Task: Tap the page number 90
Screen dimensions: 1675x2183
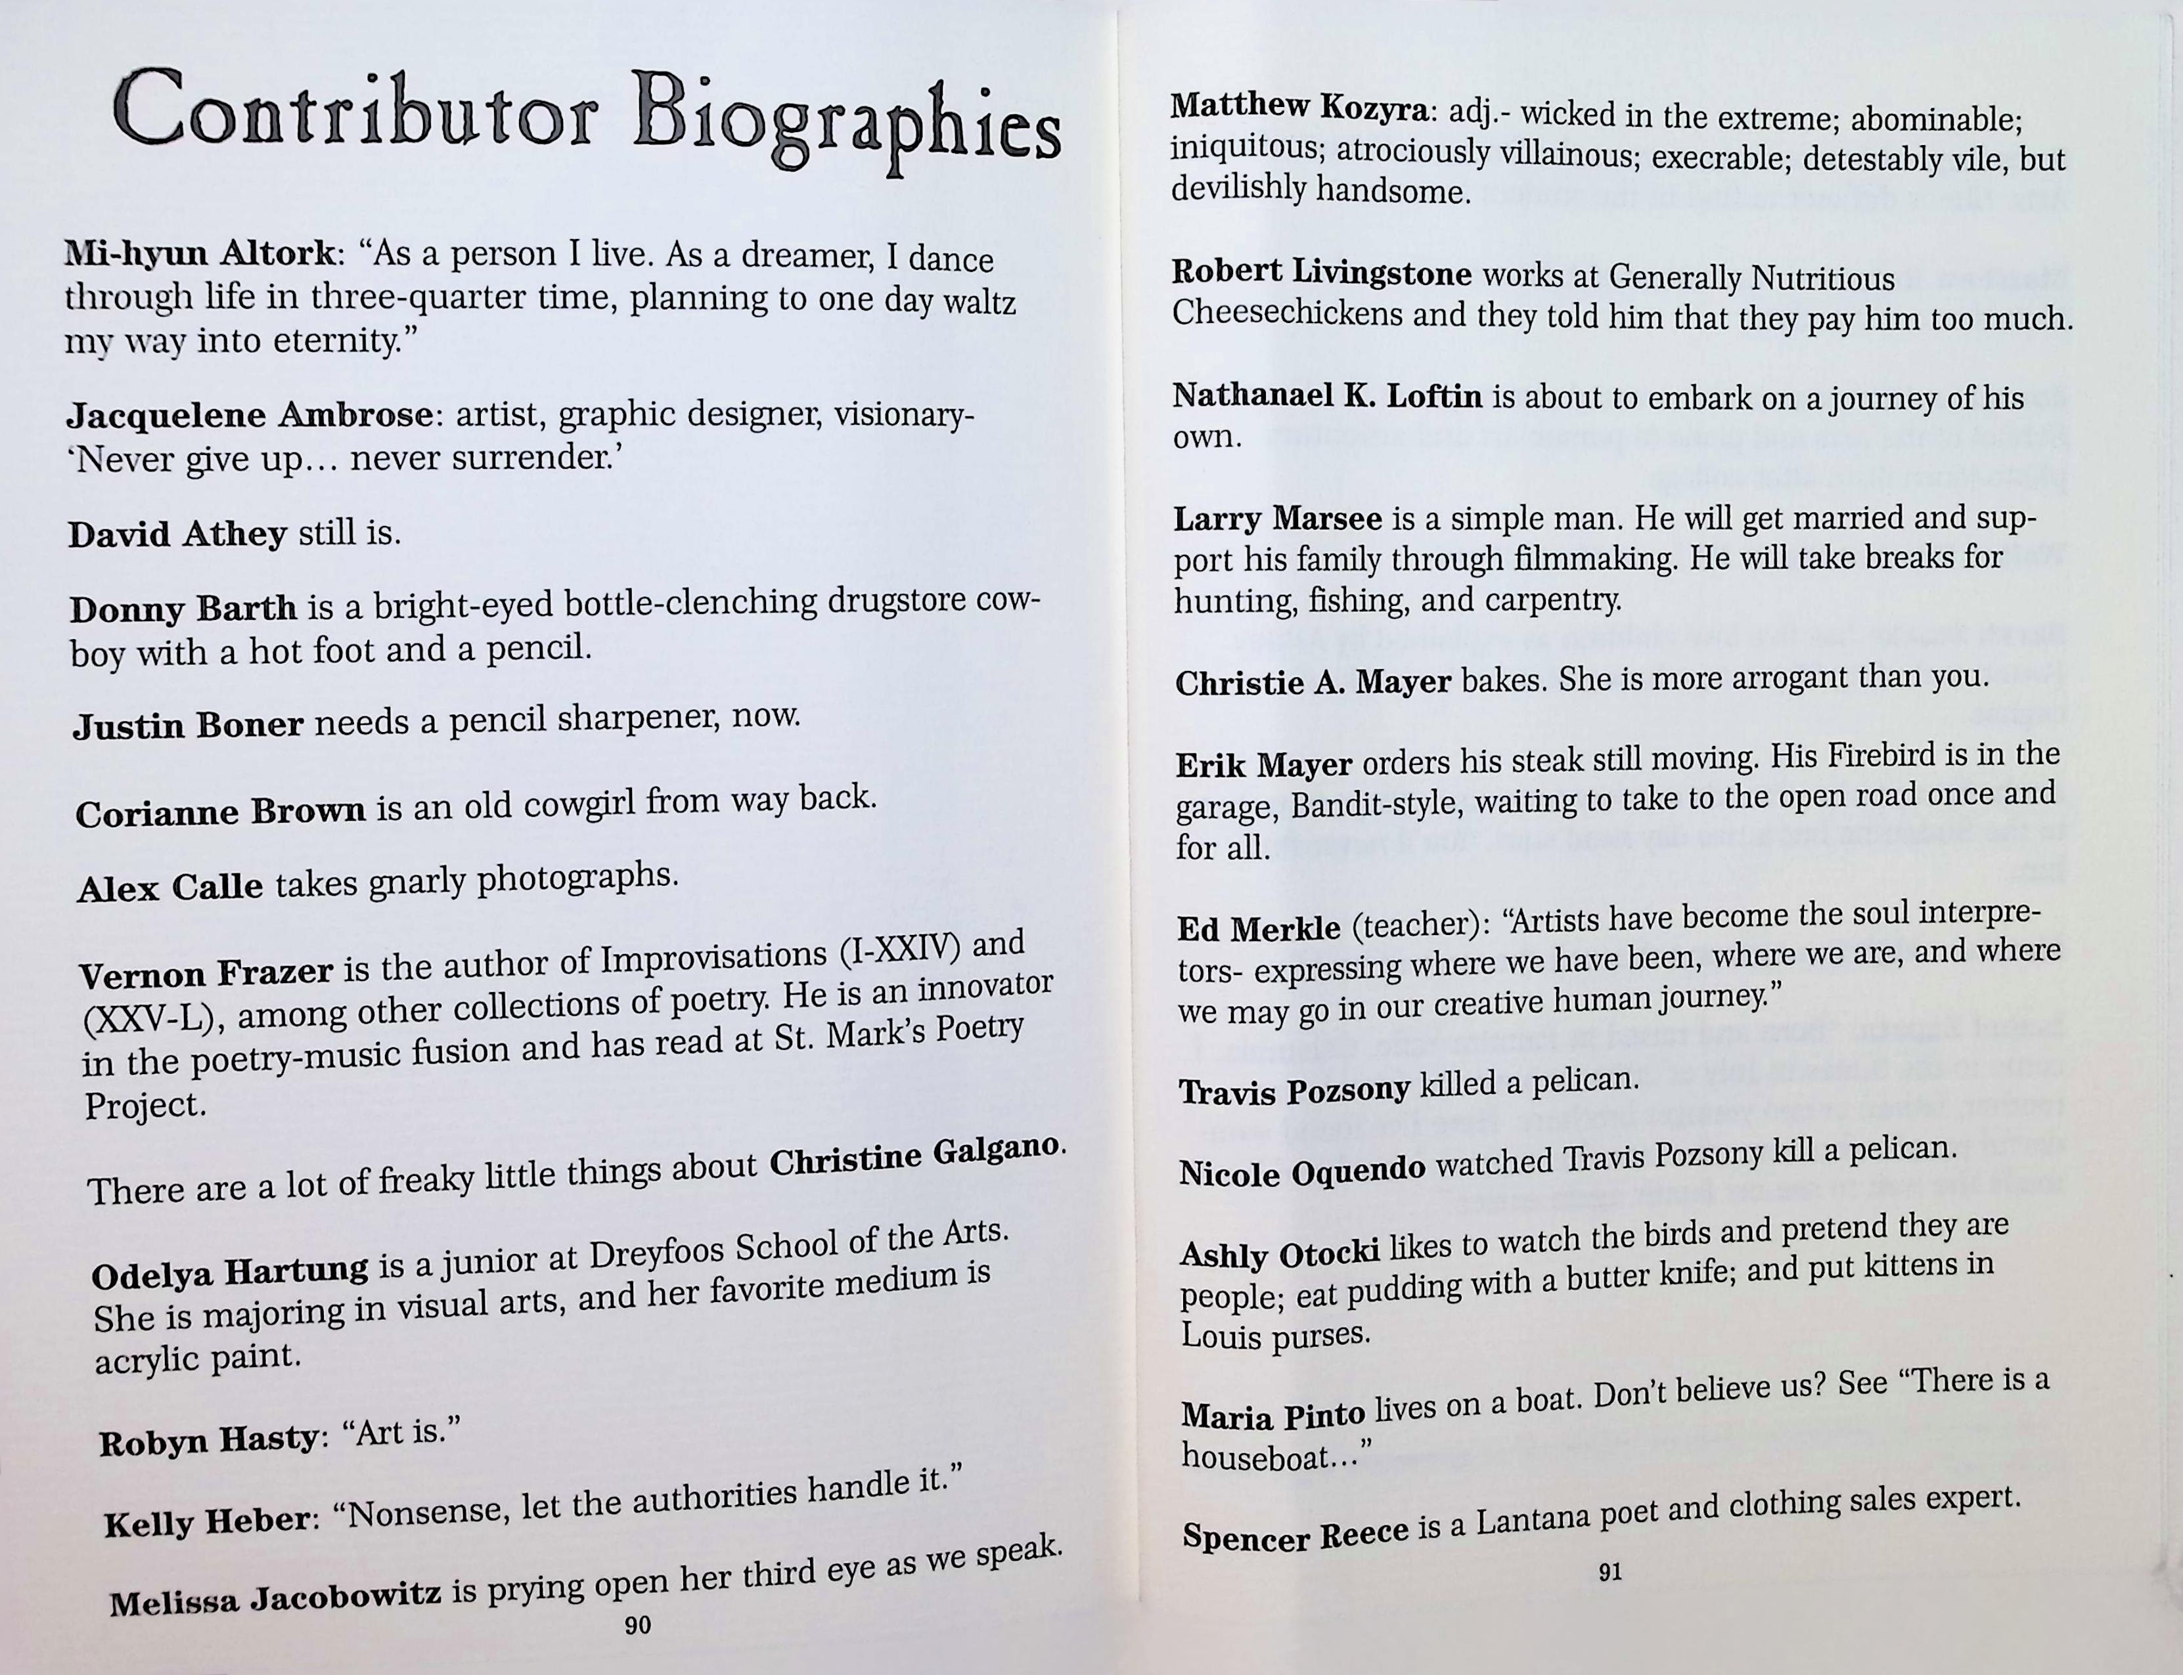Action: tap(637, 1625)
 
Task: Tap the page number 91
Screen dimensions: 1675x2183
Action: tap(1609, 1573)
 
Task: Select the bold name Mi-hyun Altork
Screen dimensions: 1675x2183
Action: tap(200, 253)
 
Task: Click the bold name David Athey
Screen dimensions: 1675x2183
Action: tap(177, 535)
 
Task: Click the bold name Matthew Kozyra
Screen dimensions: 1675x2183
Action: tap(1299, 106)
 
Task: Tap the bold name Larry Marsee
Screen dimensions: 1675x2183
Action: tap(1278, 519)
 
